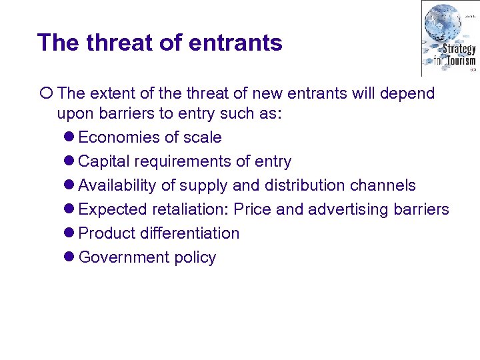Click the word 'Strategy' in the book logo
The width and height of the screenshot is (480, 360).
point(459,49)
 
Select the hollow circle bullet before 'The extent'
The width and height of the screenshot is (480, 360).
point(45,93)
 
